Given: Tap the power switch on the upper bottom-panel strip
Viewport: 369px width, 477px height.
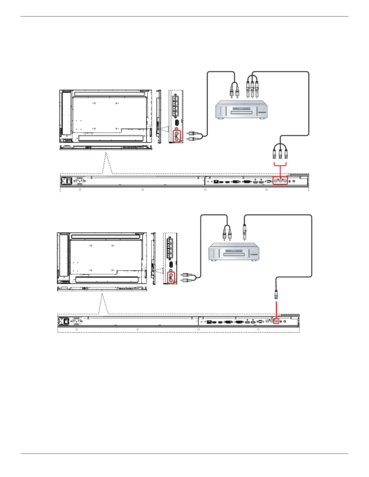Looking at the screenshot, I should pos(68,181).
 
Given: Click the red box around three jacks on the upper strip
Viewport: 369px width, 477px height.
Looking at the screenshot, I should pos(280,181).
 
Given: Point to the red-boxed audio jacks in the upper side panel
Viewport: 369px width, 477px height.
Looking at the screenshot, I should pos(176,136).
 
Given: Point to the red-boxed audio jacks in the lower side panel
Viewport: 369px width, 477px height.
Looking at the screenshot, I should pos(171,277).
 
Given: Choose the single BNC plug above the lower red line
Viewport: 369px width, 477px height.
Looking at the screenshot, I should pos(276,293).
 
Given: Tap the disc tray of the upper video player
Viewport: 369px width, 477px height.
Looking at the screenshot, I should pos(241,113).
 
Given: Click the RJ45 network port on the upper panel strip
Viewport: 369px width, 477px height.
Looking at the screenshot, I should pos(216,182).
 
